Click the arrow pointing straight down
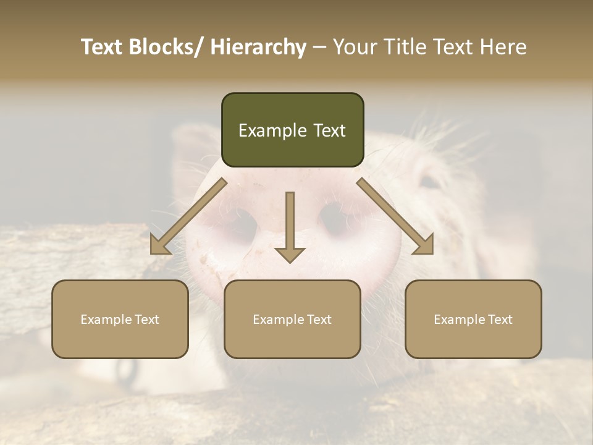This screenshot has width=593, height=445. [x=290, y=229]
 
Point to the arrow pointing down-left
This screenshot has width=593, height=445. [x=185, y=219]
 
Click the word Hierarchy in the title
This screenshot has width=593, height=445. [x=258, y=47]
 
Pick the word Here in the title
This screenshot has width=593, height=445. [x=503, y=47]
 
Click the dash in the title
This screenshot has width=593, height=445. [x=319, y=47]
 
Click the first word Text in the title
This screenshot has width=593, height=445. [x=103, y=47]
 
